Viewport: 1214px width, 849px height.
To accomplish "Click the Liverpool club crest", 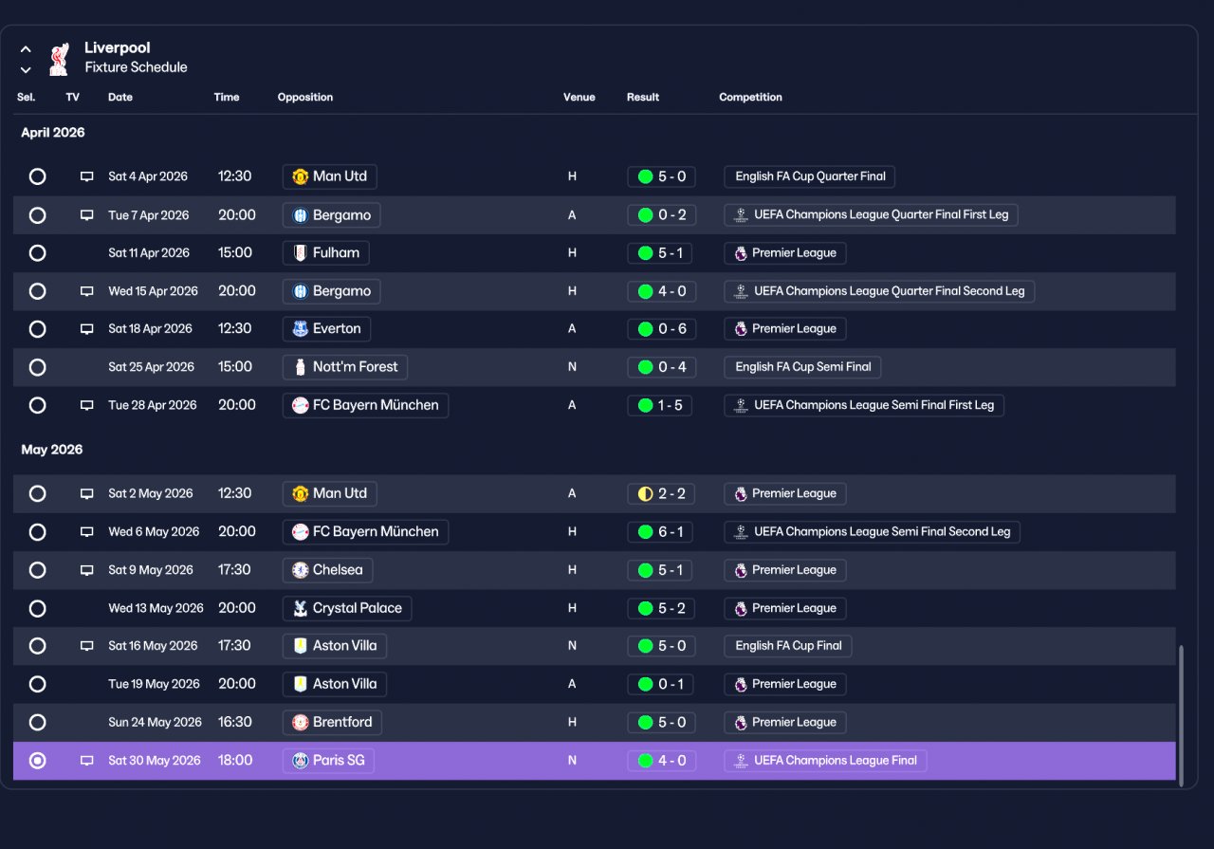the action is tap(60, 59).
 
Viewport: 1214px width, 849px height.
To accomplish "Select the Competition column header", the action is tap(750, 97).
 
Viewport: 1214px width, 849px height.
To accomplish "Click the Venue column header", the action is tap(579, 97).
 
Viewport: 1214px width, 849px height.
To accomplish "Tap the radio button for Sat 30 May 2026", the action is tap(37, 761).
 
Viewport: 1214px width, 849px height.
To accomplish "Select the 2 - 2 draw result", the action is tap(661, 493).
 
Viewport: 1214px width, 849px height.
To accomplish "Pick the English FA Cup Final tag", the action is tap(787, 646).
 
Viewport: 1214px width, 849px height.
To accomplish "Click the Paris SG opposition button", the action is tap(328, 760).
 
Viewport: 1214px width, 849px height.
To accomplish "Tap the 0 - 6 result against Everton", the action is tap(661, 328).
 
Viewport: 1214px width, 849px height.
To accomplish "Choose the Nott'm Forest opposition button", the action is tap(344, 367).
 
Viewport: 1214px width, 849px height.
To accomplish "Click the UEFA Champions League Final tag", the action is tap(825, 760).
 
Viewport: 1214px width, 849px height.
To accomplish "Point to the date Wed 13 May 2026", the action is tap(156, 608).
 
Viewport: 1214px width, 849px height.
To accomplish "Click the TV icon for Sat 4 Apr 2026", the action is tap(86, 176).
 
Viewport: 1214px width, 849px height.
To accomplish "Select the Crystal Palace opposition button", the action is tap(347, 608).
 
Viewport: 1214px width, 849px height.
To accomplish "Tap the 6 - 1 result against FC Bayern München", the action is tap(660, 532).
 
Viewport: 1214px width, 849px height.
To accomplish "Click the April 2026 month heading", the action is tap(52, 133).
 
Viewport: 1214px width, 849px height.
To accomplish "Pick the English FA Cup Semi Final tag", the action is tap(802, 367).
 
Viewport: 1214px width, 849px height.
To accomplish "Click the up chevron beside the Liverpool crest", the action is tap(26, 49).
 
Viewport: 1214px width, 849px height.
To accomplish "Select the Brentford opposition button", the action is tap(332, 722).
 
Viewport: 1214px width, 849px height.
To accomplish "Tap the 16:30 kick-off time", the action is tap(234, 722).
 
